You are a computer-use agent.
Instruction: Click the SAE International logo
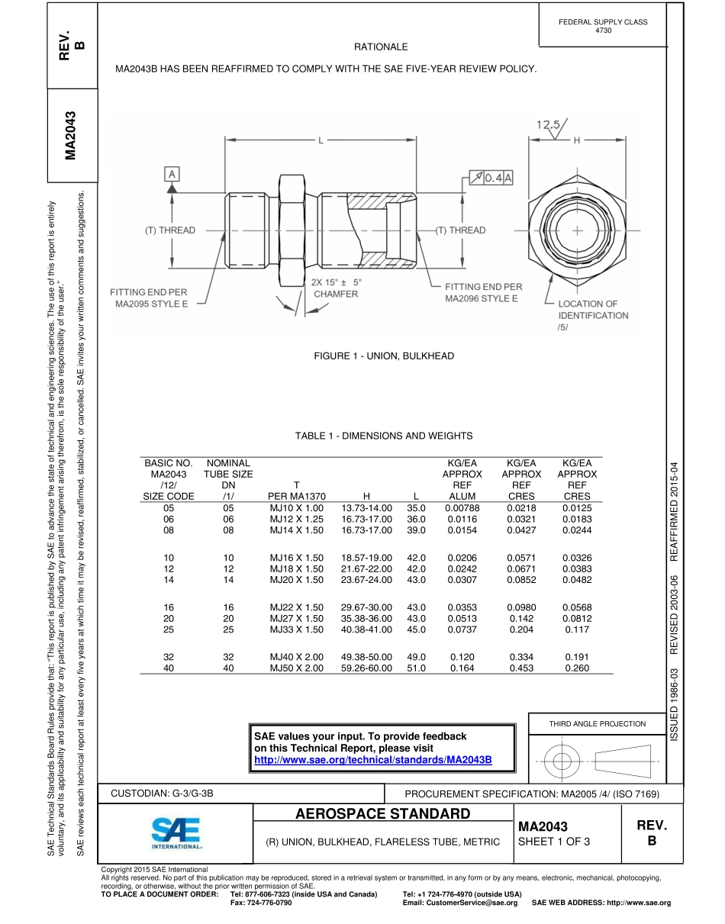pos(176,833)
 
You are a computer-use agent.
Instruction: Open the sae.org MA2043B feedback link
pos(372,760)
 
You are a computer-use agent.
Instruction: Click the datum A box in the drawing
pos(172,174)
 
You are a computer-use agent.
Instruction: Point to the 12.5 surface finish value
pos(547,124)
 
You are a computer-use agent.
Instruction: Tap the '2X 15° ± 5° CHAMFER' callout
pos(336,288)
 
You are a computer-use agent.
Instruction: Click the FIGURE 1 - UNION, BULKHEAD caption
pos(384,356)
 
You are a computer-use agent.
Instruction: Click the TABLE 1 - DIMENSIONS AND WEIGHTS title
pos(384,436)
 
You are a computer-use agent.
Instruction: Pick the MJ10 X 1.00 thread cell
pos(297,507)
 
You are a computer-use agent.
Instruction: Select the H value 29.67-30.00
pos(366,607)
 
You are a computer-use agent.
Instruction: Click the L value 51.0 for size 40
pos(416,668)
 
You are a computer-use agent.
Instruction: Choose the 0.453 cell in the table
pos(521,668)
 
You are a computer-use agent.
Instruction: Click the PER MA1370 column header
pos(297,496)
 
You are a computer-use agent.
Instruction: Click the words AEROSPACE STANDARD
pos(382,813)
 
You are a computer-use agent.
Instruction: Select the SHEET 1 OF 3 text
pos(553,842)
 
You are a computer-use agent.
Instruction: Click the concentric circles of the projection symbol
pos(562,760)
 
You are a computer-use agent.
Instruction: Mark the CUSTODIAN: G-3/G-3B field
pos(162,794)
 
